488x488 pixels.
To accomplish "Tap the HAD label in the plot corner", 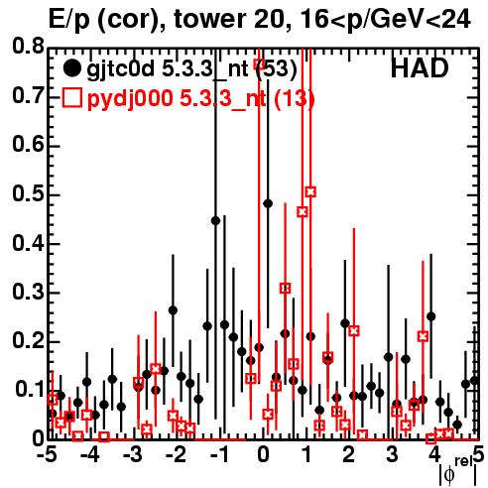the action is pyautogui.click(x=420, y=68).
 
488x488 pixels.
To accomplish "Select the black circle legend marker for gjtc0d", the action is pyautogui.click(x=71, y=68).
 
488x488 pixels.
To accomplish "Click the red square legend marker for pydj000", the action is pyautogui.click(x=71, y=98).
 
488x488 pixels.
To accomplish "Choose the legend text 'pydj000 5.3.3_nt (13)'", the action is pyautogui.click(x=200, y=99).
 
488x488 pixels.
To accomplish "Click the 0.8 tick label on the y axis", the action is pyautogui.click(x=28, y=47).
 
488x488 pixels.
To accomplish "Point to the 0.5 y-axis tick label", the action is pyautogui.click(x=28, y=194).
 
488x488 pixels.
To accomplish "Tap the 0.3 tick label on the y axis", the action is pyautogui.click(x=28, y=292).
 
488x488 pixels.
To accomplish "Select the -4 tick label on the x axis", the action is pyautogui.click(x=89, y=455).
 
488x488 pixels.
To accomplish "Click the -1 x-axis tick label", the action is pyautogui.click(x=220, y=455).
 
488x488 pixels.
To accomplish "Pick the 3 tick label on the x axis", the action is pyautogui.click(x=392, y=455).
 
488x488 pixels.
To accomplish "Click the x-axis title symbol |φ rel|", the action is pyautogui.click(x=457, y=470).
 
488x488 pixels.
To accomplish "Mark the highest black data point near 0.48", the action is pyautogui.click(x=268, y=203).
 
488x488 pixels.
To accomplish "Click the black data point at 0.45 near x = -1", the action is pyautogui.click(x=215, y=221).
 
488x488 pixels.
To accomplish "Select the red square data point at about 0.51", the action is pyautogui.click(x=310, y=191).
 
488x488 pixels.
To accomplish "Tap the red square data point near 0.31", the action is pyautogui.click(x=286, y=289).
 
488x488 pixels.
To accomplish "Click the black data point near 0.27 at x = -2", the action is pyautogui.click(x=173, y=310).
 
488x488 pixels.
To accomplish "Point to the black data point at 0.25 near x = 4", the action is pyautogui.click(x=430, y=316).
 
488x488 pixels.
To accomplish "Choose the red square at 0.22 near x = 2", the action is pyautogui.click(x=354, y=330).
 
